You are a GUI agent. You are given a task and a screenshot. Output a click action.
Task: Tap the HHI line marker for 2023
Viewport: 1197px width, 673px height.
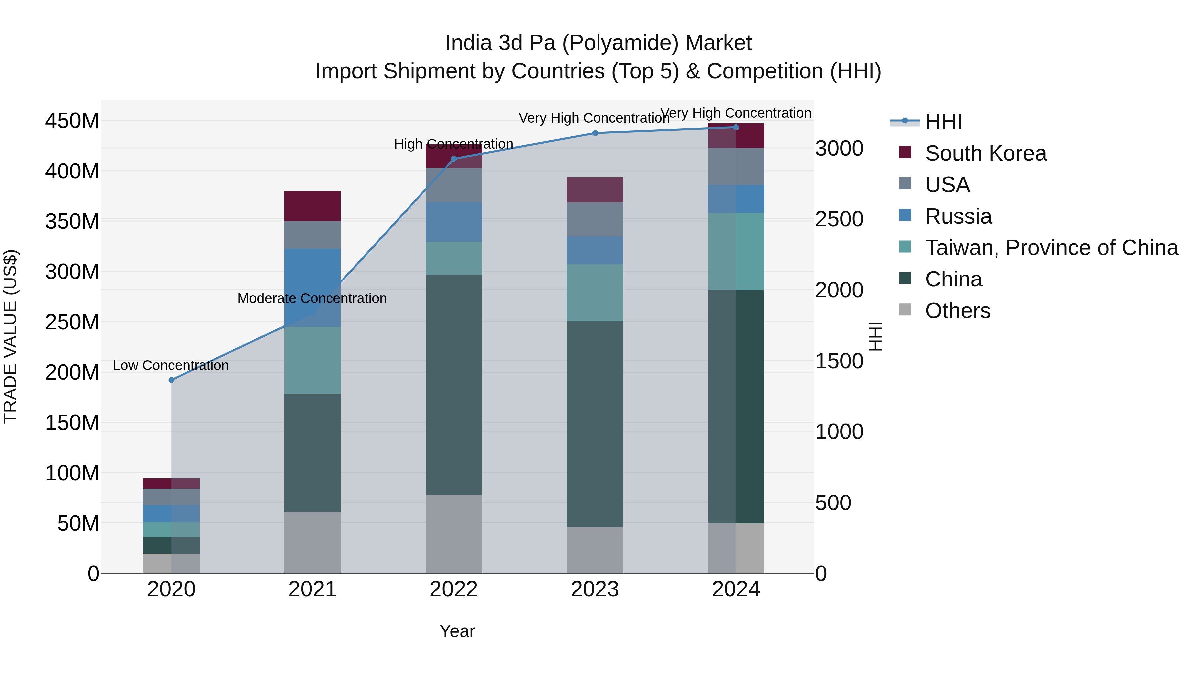[x=595, y=133]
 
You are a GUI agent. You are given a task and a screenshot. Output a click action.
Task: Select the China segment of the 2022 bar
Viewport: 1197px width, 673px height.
[x=454, y=384]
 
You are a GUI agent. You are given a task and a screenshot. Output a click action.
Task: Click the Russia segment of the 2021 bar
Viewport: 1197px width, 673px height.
[x=312, y=287]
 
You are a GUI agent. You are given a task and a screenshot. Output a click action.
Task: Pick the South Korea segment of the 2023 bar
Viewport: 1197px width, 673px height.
[x=595, y=190]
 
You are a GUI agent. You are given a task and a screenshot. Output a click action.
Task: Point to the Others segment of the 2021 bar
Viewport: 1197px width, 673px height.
[x=312, y=542]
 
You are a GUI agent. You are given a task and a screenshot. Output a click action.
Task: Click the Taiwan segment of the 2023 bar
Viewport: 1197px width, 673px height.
[x=595, y=292]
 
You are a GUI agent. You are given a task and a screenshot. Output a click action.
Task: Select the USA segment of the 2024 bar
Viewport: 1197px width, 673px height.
[x=736, y=167]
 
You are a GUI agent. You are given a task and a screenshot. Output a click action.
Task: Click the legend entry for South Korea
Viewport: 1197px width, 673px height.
[x=985, y=153]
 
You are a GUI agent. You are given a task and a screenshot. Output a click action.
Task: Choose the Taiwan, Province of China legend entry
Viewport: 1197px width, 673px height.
[x=1051, y=248]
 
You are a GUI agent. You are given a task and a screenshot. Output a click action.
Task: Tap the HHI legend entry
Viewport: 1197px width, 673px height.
[x=943, y=122]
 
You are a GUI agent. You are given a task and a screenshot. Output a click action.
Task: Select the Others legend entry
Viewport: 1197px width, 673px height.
[x=957, y=311]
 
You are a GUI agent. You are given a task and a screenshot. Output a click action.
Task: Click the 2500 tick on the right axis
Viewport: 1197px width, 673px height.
[x=839, y=219]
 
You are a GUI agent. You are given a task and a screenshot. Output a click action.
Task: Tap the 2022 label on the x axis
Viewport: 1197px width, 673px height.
[x=454, y=589]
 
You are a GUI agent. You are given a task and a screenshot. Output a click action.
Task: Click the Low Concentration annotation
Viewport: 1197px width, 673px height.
[x=171, y=366]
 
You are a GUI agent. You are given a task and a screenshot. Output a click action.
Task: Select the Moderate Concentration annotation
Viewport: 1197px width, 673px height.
[x=312, y=299]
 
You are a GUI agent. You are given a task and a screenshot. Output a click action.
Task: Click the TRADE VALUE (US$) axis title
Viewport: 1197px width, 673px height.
[x=10, y=336]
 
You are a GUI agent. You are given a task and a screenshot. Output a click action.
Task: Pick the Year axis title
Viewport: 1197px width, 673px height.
[x=457, y=631]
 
